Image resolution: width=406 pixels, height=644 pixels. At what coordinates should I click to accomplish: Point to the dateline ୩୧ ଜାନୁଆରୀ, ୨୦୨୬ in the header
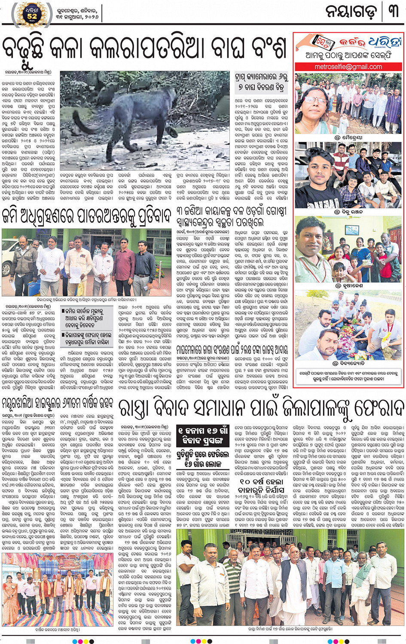[77, 16]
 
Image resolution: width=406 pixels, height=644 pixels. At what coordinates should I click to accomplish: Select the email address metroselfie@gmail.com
[348, 67]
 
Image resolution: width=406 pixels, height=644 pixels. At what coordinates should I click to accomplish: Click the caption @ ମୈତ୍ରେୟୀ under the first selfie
[348, 138]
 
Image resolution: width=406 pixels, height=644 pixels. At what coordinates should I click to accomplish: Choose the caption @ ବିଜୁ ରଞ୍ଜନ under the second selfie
[348, 212]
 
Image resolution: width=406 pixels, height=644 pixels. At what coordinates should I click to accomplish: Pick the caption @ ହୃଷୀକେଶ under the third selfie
[348, 285]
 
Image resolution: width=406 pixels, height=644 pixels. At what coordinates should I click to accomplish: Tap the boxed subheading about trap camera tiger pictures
[261, 82]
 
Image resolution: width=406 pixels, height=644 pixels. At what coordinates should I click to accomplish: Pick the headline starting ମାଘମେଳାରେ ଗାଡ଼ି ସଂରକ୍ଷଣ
[232, 349]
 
